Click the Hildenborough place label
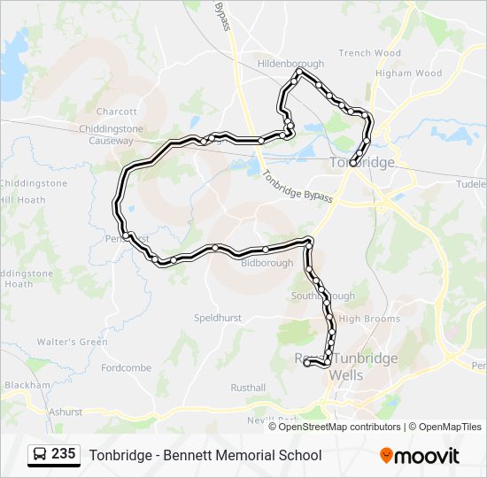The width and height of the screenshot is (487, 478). pyautogui.click(x=290, y=64)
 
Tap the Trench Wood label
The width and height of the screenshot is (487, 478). pyautogui.click(x=369, y=53)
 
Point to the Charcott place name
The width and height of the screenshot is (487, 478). pyautogui.click(x=117, y=112)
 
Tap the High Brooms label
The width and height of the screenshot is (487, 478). pyautogui.click(x=369, y=319)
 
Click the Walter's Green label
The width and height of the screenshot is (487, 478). pyautogui.click(x=72, y=342)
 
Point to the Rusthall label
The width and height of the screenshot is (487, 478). pyautogui.click(x=248, y=388)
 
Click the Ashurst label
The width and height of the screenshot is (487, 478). pyautogui.click(x=65, y=412)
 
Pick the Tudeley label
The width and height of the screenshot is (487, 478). pyautogui.click(x=471, y=185)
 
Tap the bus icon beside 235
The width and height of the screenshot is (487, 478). pyautogui.click(x=40, y=455)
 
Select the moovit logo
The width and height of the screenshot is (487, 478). pyautogui.click(x=420, y=456)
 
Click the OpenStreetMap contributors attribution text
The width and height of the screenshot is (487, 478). pyautogui.click(x=339, y=427)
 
